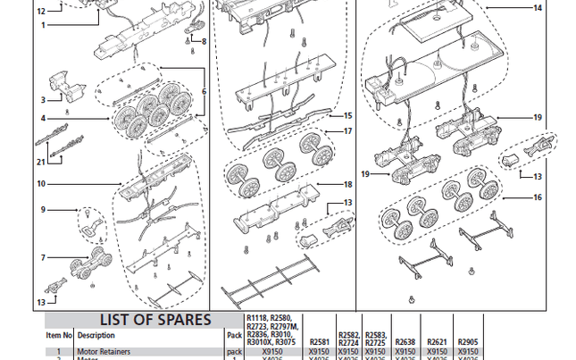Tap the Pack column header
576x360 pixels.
234,336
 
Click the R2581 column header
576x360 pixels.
319,342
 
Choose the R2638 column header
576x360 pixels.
405,342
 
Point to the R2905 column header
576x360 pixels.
468,342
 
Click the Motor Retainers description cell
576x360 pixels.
104,352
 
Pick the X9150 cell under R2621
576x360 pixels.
437,352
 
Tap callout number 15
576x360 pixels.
348,115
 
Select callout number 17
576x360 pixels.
348,131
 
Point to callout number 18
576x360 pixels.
348,184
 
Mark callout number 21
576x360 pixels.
41,162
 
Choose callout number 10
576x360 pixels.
41,183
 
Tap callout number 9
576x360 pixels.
42,210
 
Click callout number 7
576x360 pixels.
42,257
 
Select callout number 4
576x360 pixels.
42,119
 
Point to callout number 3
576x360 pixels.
42,99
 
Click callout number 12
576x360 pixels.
41,11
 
